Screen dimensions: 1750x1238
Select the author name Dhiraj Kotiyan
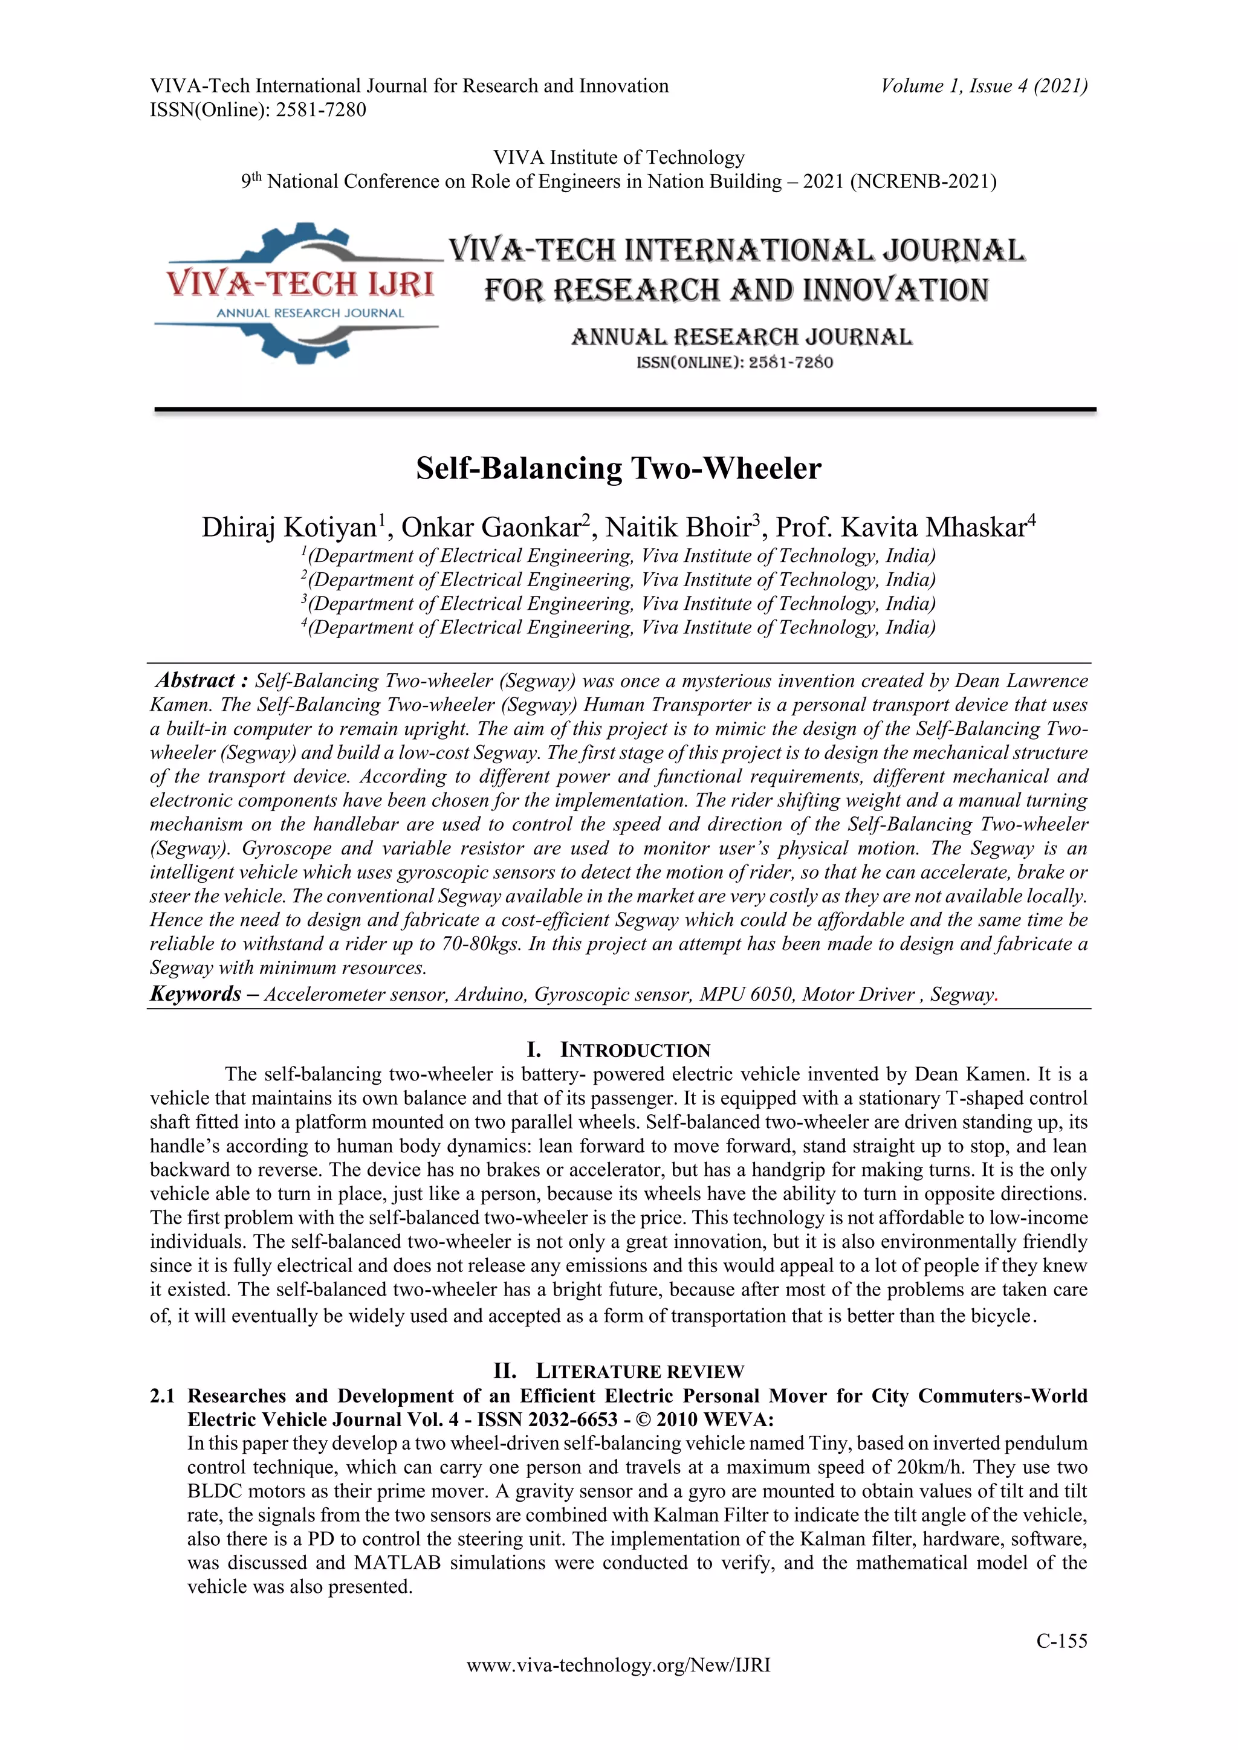289,528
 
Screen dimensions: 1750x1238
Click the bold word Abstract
195,680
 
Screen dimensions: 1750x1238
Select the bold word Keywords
195,994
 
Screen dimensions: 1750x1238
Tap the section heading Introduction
634,1050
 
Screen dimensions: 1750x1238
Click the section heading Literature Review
639,1371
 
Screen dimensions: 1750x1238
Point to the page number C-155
1061,1642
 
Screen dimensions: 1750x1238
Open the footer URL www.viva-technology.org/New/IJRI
618,1665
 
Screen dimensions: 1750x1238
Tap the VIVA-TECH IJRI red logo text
300,284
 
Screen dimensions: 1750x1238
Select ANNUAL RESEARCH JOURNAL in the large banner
741,337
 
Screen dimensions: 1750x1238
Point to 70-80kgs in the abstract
470,944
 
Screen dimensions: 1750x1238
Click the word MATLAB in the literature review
397,1563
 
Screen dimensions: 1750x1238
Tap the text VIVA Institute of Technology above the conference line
618,158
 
